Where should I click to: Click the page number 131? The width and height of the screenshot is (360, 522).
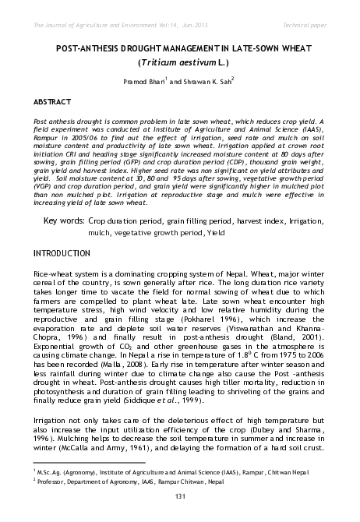pos(179,497)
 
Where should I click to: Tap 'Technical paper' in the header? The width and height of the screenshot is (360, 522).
pos(305,26)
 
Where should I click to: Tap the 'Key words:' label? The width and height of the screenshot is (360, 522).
pos(64,221)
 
